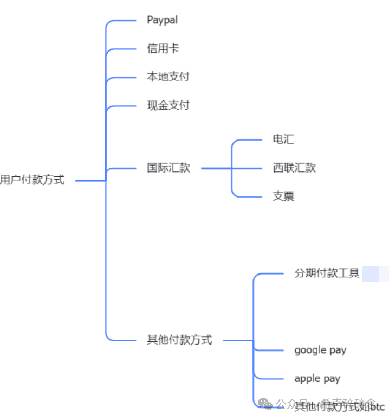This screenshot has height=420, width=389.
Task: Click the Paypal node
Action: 162,20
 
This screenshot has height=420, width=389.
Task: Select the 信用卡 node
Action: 163,48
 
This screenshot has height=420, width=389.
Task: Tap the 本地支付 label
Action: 168,77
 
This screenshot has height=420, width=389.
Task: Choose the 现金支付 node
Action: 168,105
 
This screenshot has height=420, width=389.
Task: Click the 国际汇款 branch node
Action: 168,168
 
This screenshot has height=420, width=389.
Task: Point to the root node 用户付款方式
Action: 32,180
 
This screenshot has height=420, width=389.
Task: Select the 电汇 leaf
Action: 283,139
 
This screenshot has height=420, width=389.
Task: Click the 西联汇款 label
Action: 294,168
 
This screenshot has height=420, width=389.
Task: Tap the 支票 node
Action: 283,196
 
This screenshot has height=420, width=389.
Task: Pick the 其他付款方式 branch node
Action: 179,340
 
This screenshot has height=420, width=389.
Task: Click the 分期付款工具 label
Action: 327,273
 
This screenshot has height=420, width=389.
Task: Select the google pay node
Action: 320,350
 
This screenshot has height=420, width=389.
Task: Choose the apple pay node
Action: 317,378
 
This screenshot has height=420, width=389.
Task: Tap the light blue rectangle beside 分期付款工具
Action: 375,274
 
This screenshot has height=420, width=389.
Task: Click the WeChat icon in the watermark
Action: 264,404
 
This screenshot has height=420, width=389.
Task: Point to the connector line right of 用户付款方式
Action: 90,180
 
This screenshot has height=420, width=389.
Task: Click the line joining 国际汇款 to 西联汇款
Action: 217,168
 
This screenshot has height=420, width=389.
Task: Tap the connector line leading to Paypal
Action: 122,21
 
